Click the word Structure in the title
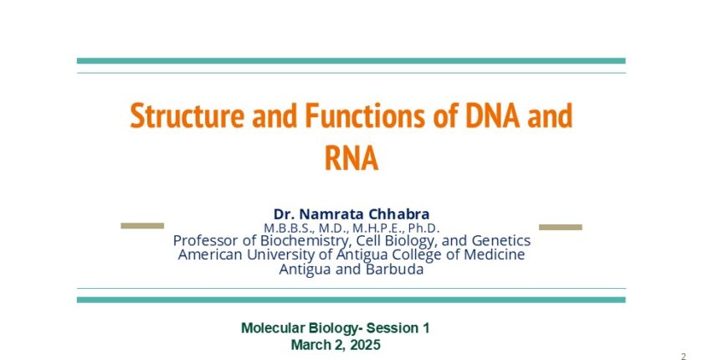pos(187,116)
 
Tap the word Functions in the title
pos(365,116)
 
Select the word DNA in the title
pos(492,116)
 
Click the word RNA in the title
pos(351,158)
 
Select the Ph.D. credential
pos(423,228)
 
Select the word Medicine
pos(495,255)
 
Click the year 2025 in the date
pos(366,345)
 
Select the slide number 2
pos(683,357)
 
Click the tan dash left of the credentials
pos(142,225)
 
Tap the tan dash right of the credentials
pos(561,227)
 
